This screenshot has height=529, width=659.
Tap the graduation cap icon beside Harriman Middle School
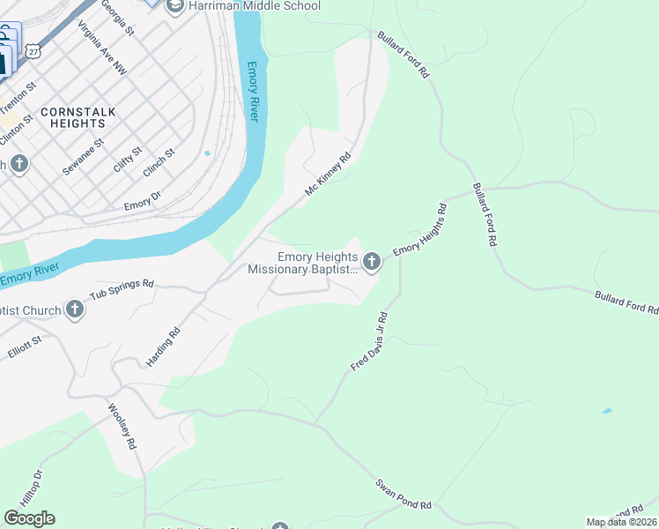click(x=174, y=5)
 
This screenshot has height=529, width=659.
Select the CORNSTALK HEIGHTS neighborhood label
click(x=72, y=118)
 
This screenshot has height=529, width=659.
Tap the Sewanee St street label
click(x=83, y=154)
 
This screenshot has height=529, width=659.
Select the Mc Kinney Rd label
click(x=329, y=174)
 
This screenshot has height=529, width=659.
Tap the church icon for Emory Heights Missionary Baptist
click(x=372, y=261)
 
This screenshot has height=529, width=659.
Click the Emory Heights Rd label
click(x=421, y=230)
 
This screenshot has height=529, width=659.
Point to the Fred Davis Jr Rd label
click(x=369, y=340)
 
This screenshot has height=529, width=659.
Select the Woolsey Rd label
click(x=122, y=428)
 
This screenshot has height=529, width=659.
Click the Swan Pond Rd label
click(x=404, y=494)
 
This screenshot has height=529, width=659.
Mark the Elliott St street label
click(x=25, y=345)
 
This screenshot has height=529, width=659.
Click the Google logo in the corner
click(x=29, y=518)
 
